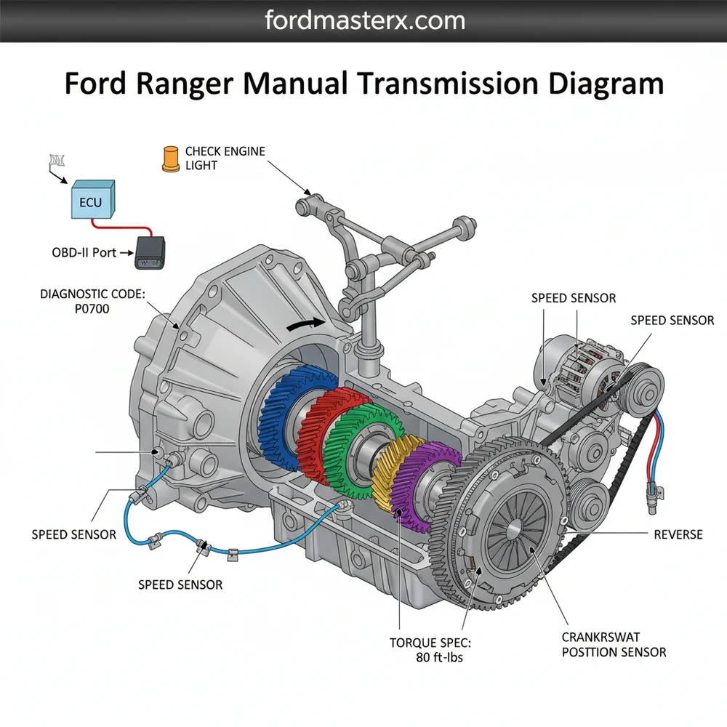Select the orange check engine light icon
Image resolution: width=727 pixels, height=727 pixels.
coord(170,159)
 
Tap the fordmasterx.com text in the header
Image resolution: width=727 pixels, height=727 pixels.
coord(363,20)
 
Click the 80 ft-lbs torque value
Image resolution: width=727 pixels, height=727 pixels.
coord(435,658)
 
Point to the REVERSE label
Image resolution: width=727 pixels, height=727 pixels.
coord(678,534)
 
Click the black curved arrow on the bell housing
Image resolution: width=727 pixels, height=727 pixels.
coord(302,325)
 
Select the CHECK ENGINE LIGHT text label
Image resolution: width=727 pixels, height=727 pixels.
coord(225,158)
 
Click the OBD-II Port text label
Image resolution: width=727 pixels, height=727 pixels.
coord(85,254)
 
